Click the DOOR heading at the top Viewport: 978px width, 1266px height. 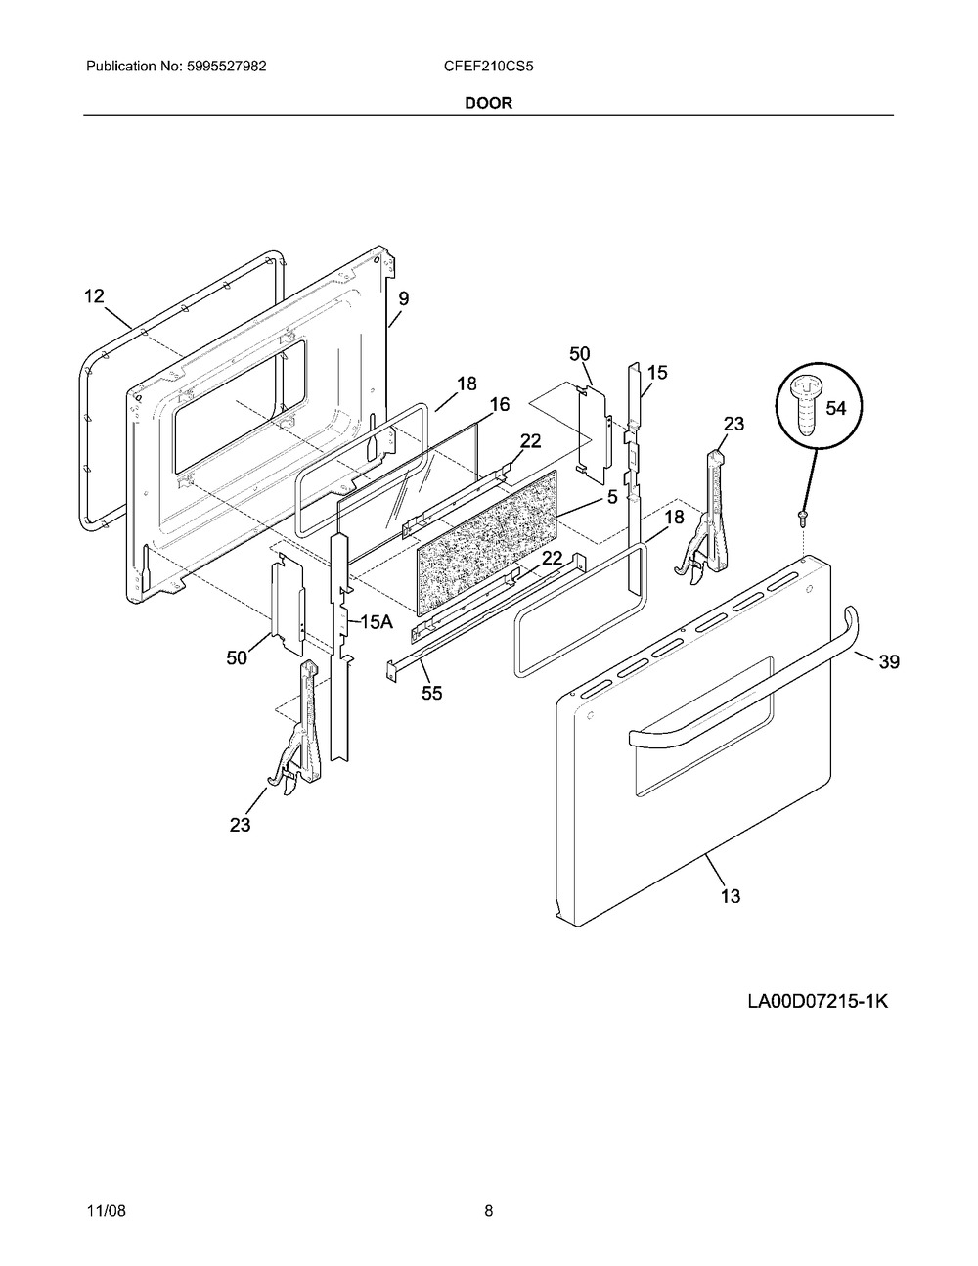click(488, 103)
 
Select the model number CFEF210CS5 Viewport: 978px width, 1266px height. click(488, 67)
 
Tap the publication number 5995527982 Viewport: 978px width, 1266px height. click(227, 67)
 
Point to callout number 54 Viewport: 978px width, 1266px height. click(836, 408)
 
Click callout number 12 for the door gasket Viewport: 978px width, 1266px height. click(94, 296)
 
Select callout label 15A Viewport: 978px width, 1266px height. click(377, 622)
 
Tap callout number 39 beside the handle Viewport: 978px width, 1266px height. click(889, 661)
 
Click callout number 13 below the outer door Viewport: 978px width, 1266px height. click(730, 896)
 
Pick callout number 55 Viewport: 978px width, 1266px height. click(432, 694)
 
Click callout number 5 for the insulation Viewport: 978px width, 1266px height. click(612, 497)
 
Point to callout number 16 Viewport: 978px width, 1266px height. click(500, 404)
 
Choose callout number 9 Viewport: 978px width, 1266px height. click(403, 298)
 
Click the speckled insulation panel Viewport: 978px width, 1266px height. click(488, 542)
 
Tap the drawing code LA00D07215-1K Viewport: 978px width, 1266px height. click(818, 1002)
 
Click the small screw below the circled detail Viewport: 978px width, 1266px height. click(803, 517)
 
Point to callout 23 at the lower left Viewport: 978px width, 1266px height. click(240, 825)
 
